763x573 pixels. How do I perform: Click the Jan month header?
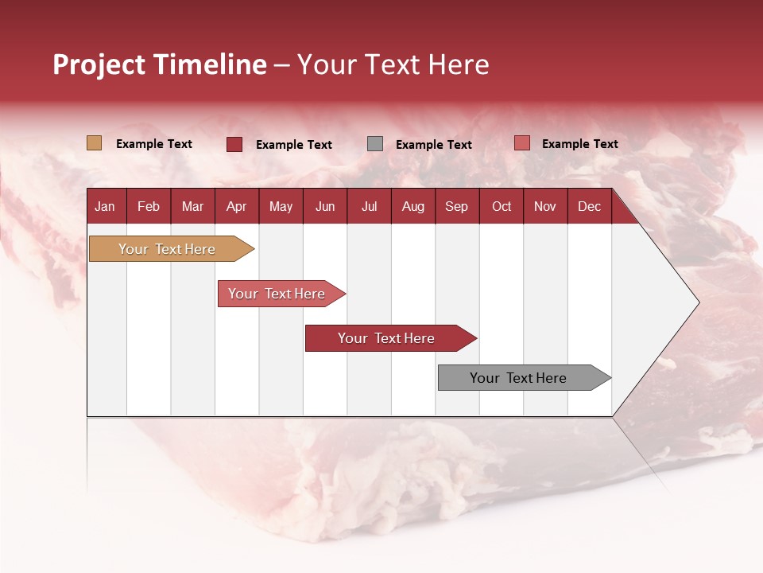coord(105,207)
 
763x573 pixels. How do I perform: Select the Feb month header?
coord(149,207)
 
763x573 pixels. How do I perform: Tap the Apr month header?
coord(236,207)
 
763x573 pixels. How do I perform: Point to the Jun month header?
coord(325,207)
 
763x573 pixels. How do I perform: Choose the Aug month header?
coord(412,207)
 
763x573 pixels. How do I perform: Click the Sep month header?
coord(456,207)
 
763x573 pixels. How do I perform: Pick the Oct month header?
coord(502,207)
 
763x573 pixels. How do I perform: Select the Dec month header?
coord(589,207)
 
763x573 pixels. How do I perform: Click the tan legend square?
coord(94,143)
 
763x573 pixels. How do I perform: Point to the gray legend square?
coord(375,144)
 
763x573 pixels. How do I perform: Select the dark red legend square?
coord(234,144)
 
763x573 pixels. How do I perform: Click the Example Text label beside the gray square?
coord(433,145)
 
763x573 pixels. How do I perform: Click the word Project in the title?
coord(99,64)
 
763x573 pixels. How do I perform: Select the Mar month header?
coord(192,207)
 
